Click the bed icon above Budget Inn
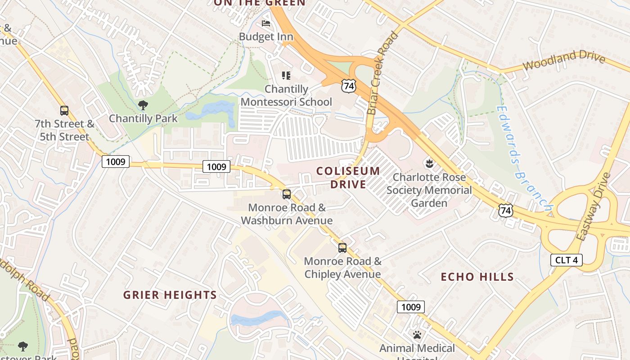point(266,23)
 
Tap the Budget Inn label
point(266,37)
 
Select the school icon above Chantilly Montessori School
point(286,76)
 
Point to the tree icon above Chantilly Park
point(143,106)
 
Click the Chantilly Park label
point(143,119)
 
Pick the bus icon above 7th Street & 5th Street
point(64,110)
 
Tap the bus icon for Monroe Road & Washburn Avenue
point(286,194)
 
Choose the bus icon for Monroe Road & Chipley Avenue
point(342,247)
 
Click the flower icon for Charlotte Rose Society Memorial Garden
point(428,164)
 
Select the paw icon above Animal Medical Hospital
point(417,335)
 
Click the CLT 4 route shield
point(567,260)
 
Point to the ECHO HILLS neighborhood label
point(477,277)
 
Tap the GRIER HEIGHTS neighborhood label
point(170,295)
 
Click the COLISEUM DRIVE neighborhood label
point(348,178)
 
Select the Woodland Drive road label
point(564,61)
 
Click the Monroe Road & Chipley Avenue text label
point(342,268)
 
